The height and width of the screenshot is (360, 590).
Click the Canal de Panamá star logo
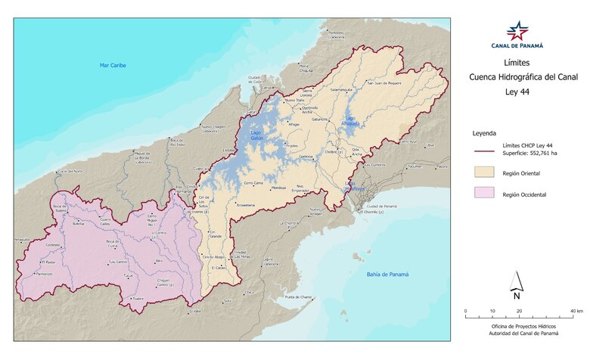518,31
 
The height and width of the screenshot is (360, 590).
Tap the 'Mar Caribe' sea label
113,66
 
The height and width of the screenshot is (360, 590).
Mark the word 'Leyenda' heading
485,132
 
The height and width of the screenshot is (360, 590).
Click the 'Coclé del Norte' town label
69,172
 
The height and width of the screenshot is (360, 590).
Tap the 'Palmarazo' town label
41,274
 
